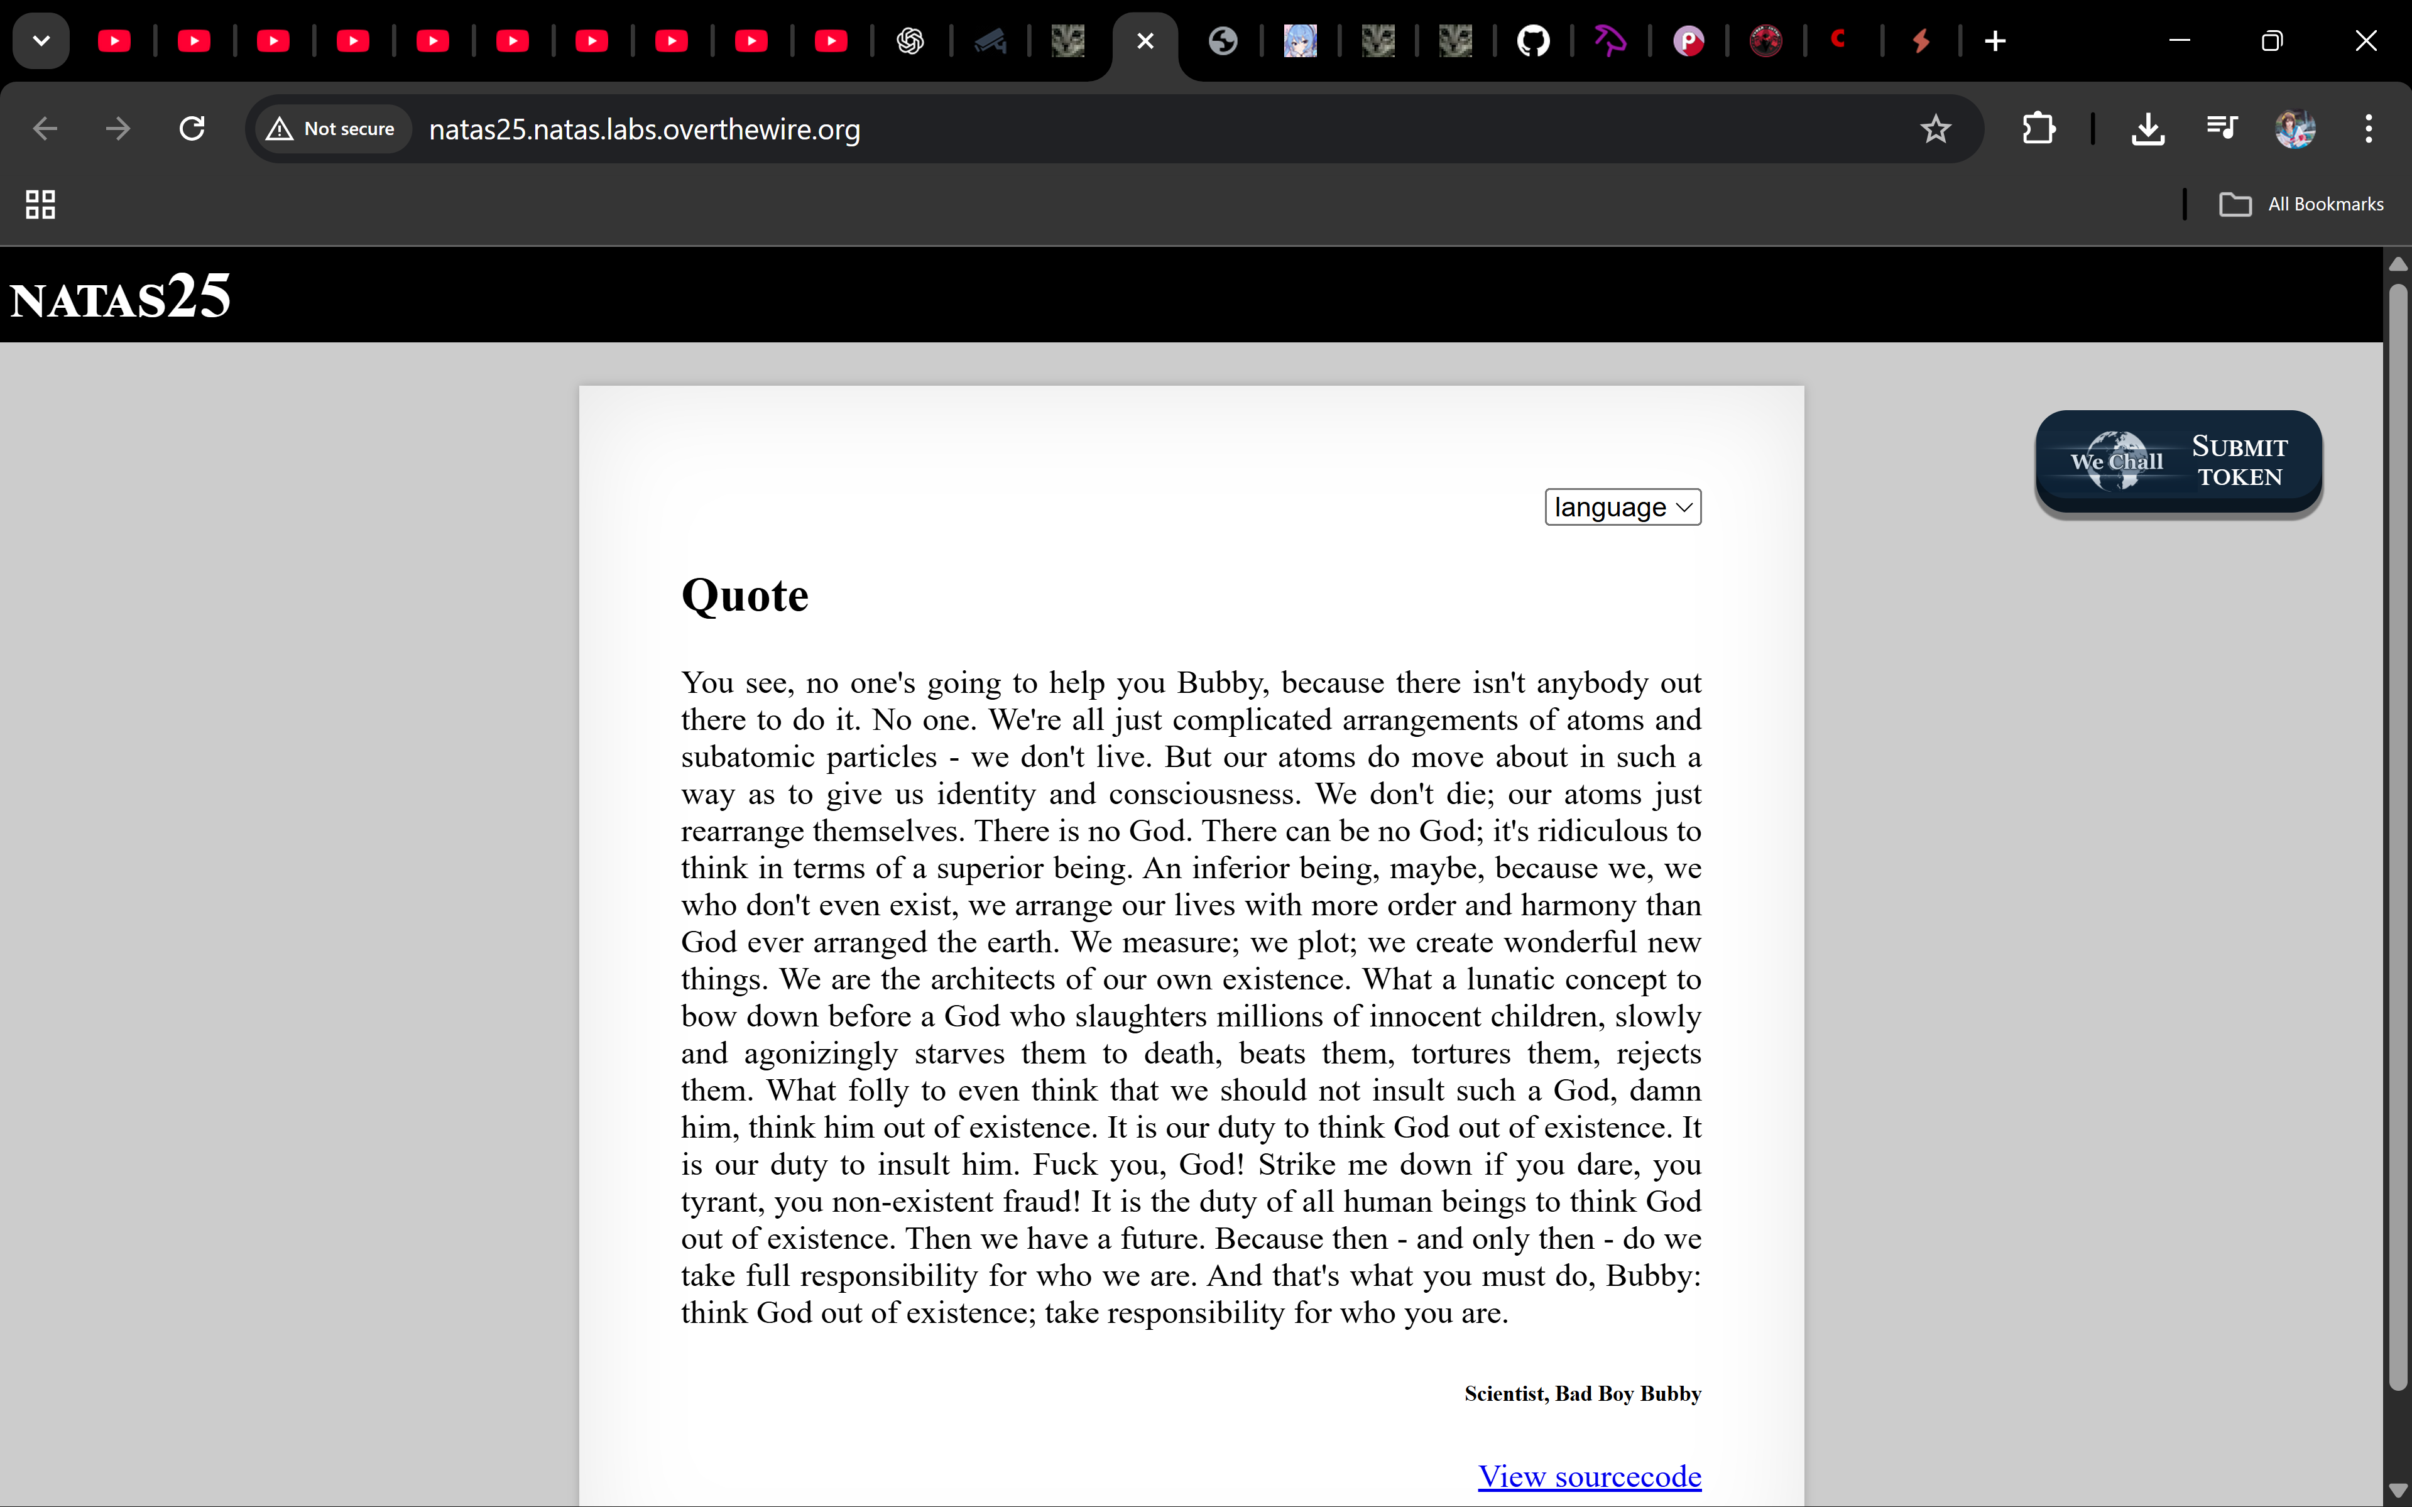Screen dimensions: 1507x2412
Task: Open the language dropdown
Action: coord(1622,508)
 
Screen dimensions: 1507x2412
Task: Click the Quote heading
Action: coord(745,596)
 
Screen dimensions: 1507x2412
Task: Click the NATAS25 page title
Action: coord(121,297)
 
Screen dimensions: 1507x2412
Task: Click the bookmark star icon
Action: coord(1935,129)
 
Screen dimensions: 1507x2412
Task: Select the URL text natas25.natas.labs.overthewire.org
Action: coord(644,129)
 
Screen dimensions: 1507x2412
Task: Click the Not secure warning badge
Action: coord(332,129)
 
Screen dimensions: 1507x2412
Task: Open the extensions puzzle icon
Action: coord(2038,129)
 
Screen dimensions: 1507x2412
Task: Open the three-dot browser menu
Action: coord(2368,129)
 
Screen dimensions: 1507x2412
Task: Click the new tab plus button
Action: coord(1994,41)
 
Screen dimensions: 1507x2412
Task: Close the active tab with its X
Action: coord(1145,41)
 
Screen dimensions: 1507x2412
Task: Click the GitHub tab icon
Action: coord(1533,41)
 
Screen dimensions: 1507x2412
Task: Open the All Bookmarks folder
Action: coord(2301,204)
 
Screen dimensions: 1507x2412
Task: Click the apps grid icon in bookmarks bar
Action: coord(40,204)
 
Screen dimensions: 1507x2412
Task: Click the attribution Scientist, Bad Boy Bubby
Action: coord(1582,1393)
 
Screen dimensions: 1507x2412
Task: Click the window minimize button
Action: coord(2180,41)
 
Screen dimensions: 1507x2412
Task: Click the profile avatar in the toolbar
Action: coord(2295,129)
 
